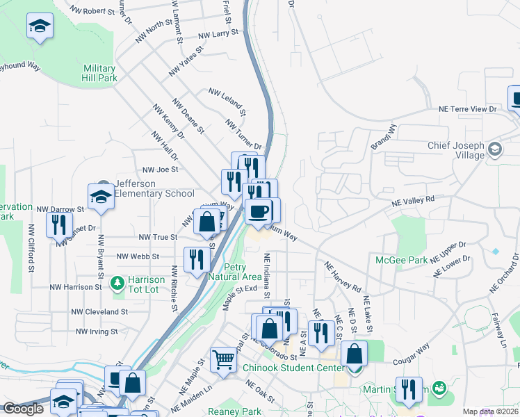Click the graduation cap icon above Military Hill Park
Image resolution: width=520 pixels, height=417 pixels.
pos(40,27)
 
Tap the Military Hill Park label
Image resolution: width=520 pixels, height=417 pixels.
pos(99,73)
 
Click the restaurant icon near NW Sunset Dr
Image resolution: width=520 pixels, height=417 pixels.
pos(59,224)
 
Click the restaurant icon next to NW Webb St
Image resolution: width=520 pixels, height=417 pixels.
pos(197,259)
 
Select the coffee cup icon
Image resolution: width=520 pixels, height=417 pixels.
pos(259,211)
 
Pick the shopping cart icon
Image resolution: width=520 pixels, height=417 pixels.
pos(224,359)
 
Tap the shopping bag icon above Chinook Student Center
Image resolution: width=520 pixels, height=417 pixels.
pos(354,353)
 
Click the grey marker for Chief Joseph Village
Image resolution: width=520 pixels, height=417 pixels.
pos(494,149)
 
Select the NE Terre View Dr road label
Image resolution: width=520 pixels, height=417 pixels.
pos(468,110)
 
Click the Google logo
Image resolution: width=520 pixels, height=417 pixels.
pos(23,409)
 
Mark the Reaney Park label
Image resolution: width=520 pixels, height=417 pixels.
pos(234,411)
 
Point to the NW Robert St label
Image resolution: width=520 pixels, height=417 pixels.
pos(93,11)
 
